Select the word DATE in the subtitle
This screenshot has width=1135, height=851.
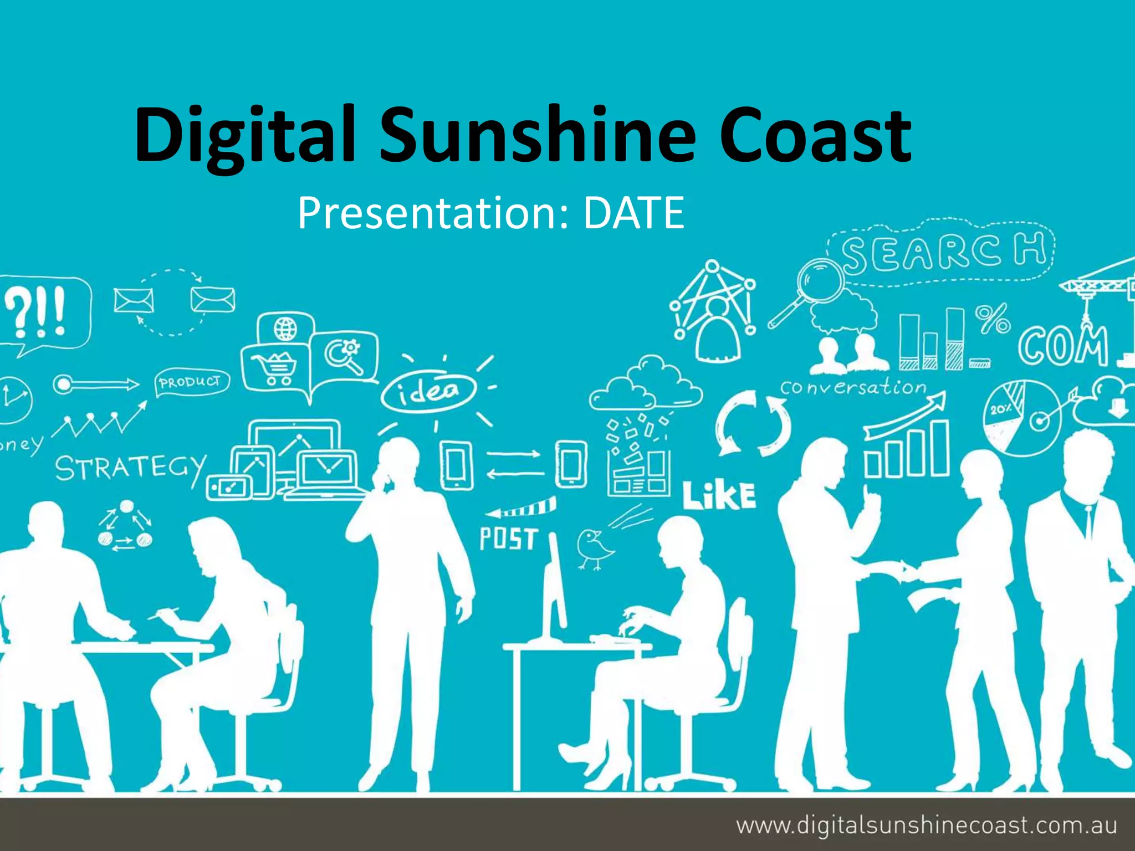(633, 213)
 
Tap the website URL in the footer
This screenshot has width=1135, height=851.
(926, 825)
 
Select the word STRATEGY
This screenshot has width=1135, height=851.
(131, 468)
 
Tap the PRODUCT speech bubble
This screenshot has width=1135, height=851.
(191, 382)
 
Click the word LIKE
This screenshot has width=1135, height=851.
(719, 495)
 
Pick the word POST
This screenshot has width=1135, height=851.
(508, 539)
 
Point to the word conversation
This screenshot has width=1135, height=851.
(853, 387)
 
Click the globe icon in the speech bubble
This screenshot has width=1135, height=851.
(285, 329)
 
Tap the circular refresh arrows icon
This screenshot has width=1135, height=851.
(753, 423)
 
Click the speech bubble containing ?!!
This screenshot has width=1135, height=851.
(44, 313)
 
